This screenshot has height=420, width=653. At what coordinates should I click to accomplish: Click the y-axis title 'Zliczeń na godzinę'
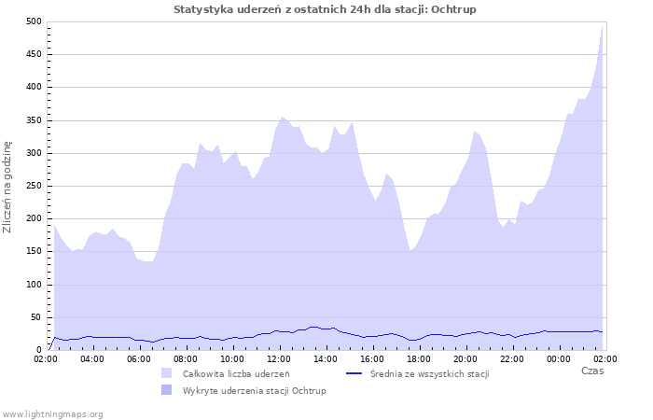click(7, 187)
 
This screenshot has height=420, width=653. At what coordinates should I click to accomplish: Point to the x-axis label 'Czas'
click(591, 371)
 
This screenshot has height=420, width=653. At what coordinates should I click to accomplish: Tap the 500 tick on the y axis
click(33, 21)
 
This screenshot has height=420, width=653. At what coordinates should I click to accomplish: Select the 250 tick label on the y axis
click(33, 186)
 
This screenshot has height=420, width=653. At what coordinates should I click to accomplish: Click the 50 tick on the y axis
click(35, 317)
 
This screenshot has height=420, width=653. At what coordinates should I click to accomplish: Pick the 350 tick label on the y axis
click(33, 120)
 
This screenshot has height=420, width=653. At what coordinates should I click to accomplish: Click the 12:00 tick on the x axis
click(279, 358)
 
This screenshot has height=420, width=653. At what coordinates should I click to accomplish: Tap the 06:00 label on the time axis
click(139, 358)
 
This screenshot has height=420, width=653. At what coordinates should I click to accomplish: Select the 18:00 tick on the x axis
click(419, 358)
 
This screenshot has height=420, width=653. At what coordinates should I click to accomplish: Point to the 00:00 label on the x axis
click(559, 358)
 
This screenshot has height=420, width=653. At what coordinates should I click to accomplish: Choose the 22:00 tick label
click(512, 358)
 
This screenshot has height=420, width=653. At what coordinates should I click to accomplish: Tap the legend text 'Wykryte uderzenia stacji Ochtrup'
click(254, 389)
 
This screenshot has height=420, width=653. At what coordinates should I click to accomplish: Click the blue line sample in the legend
click(354, 373)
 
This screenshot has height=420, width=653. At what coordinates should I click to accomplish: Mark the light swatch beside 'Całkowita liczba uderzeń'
click(167, 373)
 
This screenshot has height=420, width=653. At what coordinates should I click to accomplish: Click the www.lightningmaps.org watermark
click(52, 413)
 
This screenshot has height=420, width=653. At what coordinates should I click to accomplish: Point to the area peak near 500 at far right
click(603, 27)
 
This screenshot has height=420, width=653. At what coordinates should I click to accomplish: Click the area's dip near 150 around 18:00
click(410, 250)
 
